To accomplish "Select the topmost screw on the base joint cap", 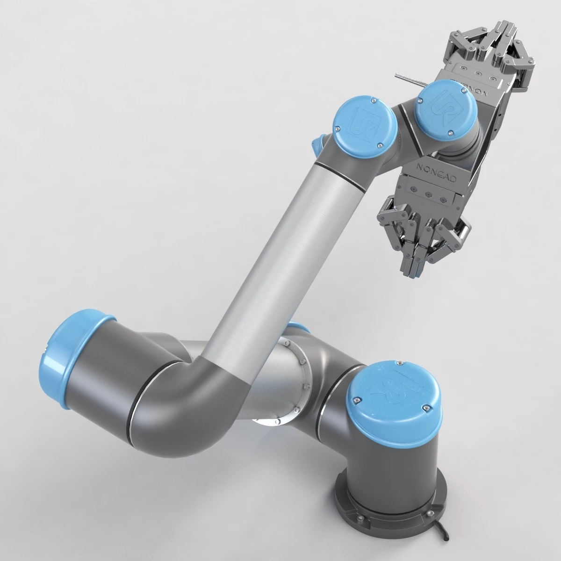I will (x=400, y=363).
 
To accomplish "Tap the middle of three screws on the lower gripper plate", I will (x=426, y=192).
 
